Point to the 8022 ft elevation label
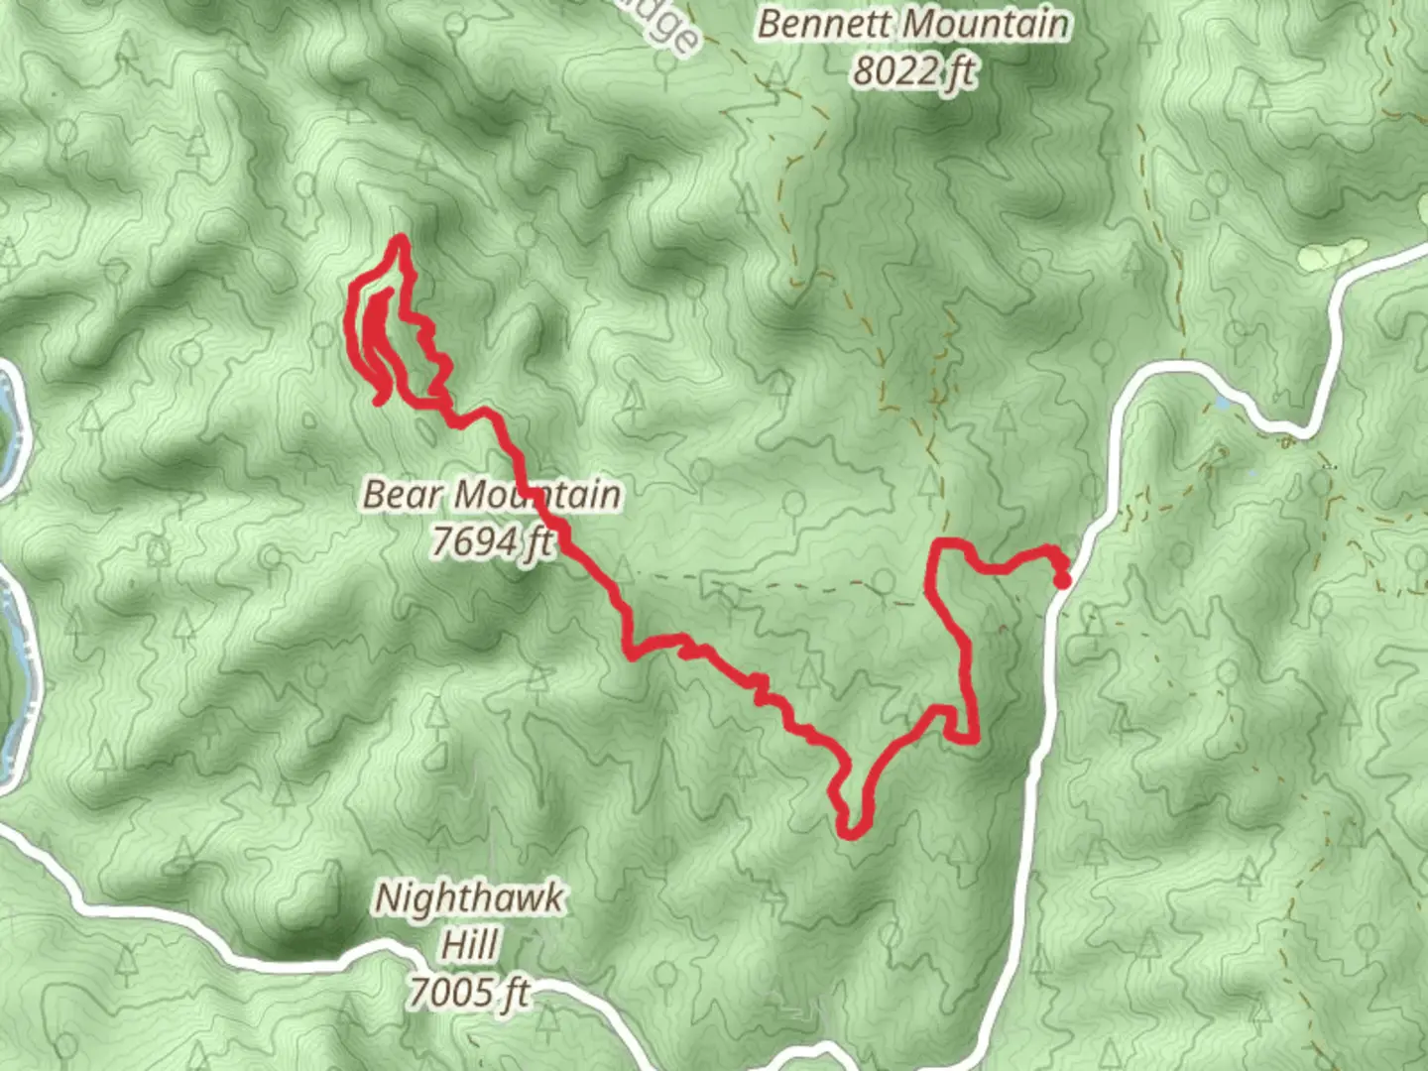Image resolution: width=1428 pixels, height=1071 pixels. click(913, 71)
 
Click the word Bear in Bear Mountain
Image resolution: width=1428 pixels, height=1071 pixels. click(402, 494)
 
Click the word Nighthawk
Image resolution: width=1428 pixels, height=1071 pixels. click(470, 899)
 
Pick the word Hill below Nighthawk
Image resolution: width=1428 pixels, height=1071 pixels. click(469, 945)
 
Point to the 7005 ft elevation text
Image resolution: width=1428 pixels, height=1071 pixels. click(469, 992)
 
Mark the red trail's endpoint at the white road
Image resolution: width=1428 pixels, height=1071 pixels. click(1061, 580)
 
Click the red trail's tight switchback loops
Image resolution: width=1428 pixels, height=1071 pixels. click(382, 337)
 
